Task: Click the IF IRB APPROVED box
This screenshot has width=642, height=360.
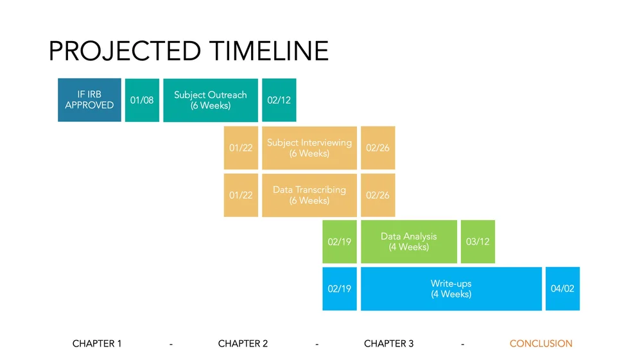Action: (x=89, y=100)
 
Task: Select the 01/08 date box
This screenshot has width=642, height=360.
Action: (x=142, y=100)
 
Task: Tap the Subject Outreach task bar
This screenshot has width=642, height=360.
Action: (x=211, y=100)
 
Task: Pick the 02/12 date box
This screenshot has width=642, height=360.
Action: (x=279, y=100)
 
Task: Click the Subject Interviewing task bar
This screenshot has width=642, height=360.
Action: (x=309, y=148)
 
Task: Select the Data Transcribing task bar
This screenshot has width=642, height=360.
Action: (x=309, y=195)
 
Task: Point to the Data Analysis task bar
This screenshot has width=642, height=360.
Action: (x=409, y=242)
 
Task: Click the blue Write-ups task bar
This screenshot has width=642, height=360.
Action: (x=451, y=289)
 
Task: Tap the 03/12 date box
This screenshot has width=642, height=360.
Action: (x=478, y=242)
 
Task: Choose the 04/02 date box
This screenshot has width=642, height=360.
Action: (x=562, y=289)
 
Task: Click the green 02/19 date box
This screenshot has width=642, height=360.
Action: (x=340, y=242)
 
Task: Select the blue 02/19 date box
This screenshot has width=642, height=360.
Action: (x=340, y=289)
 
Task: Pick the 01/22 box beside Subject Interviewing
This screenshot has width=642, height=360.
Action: (x=241, y=148)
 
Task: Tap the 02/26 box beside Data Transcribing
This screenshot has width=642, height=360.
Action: (x=377, y=195)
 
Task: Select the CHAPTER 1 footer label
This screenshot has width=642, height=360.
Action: (x=97, y=344)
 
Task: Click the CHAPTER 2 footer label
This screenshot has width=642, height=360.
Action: (x=243, y=344)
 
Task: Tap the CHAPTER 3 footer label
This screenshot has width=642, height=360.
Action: (x=388, y=344)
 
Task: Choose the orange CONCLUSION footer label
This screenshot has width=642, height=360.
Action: (x=541, y=344)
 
